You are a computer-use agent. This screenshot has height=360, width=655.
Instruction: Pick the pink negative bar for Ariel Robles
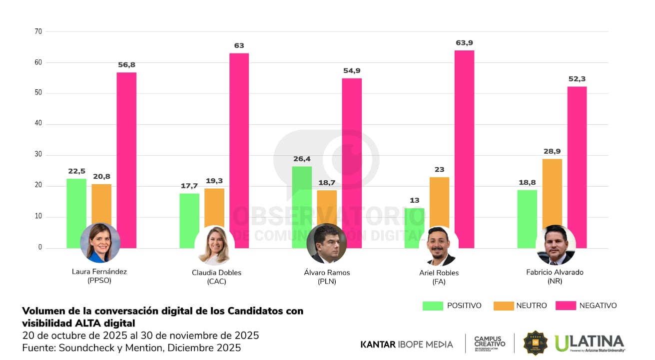[x=464, y=140]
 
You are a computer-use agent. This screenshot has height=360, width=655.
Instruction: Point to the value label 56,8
[x=126, y=65]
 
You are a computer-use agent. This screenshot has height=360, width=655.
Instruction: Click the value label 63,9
[x=464, y=43]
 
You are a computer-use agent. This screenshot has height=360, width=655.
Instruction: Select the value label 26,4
[x=302, y=159]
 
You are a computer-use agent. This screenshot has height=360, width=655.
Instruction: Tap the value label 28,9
[x=552, y=151]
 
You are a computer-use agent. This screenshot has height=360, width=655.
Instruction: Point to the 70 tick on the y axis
[x=38, y=31]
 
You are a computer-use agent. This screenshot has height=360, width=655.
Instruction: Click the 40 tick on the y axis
[x=38, y=124]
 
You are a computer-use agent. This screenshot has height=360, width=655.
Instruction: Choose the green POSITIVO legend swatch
[x=433, y=306]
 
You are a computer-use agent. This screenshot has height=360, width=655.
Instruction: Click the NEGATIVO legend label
[x=598, y=306]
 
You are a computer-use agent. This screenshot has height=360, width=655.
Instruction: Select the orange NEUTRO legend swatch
[x=503, y=306]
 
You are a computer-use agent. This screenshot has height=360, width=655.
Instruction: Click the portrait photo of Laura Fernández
[x=100, y=243]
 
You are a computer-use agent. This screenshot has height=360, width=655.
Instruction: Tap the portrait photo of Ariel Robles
[x=441, y=246]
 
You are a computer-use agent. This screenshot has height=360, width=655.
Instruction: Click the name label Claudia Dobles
[x=216, y=273]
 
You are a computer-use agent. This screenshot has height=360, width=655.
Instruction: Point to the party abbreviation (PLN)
[x=327, y=282]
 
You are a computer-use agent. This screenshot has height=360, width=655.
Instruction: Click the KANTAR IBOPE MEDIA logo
[x=407, y=345]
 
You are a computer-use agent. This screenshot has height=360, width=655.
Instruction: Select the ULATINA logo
[x=590, y=343]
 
